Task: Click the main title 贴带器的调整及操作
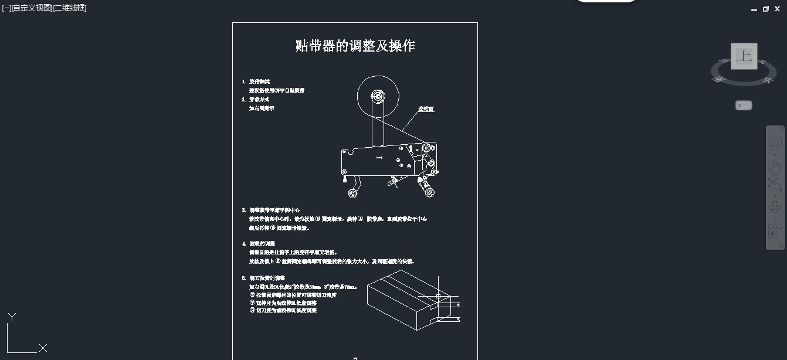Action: pos(355,46)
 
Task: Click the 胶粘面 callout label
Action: pos(426,109)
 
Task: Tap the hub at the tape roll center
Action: pos(378,96)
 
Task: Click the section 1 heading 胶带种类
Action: pos(259,81)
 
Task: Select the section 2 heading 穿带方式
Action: pos(259,100)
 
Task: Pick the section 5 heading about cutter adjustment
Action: pos(267,278)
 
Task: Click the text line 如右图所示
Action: pos(262,108)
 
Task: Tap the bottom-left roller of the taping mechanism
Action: pos(353,193)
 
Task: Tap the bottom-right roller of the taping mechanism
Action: pos(430,192)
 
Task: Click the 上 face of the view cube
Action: pos(744,56)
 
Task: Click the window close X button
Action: pos(777,9)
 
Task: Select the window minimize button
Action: pos(754,9)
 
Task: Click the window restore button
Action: pos(765,9)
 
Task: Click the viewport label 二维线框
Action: pos(70,8)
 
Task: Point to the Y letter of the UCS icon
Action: pos(12,317)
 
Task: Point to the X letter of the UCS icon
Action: pos(43,348)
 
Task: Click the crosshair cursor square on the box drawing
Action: pos(438,297)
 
